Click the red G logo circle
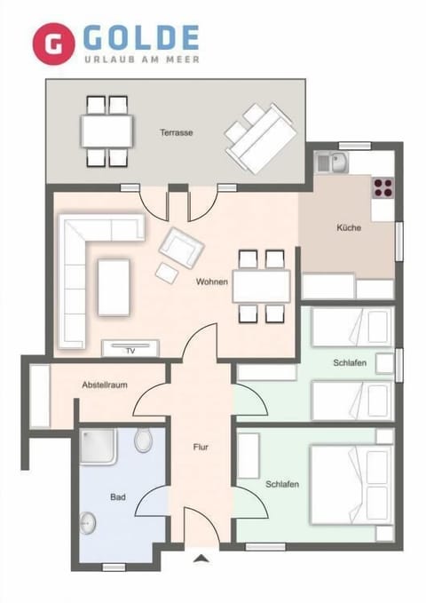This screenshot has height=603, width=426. coord(53,44)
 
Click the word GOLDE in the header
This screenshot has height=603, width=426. coord(141,37)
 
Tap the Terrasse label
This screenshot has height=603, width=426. coord(177,133)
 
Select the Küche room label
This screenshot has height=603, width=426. coord(349,228)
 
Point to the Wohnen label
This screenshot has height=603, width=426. coord(213,282)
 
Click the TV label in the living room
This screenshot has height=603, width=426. coord(130,351)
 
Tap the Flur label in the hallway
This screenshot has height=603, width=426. coord(201,447)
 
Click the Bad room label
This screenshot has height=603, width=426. coord(117,498)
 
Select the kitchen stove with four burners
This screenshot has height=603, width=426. coord(383,187)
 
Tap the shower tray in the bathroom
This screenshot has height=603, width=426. coord(99,447)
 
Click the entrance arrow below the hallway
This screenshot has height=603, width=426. coord(201,559)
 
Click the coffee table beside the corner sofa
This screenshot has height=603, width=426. coord(114,286)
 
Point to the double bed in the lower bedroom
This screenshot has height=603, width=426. coord(350,484)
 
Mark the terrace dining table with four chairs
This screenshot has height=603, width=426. coord(107,131)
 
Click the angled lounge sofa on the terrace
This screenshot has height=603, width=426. coord(260,138)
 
